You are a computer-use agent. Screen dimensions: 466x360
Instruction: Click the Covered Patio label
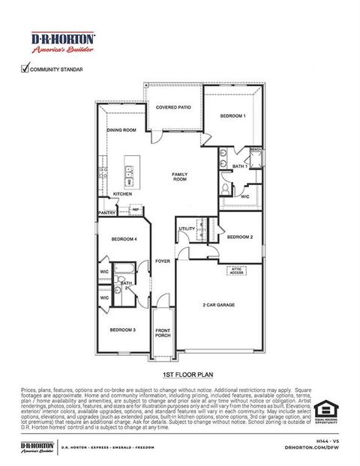[x=172, y=108]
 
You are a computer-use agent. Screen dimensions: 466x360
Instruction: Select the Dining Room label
[x=121, y=130]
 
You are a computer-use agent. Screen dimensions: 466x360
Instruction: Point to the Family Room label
[x=180, y=176]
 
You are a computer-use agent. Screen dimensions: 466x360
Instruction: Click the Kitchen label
[x=123, y=194]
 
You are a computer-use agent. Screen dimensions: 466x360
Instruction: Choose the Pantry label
[x=107, y=213]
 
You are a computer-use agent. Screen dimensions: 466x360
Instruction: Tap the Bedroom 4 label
[x=124, y=239]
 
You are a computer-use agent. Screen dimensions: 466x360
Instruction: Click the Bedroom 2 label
[x=239, y=237]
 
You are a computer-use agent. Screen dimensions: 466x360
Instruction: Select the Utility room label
[x=187, y=229]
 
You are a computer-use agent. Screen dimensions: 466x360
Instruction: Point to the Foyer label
[x=163, y=261]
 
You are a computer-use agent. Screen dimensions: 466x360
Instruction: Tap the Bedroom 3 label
[x=123, y=330]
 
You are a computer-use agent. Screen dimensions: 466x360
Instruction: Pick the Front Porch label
[x=163, y=333]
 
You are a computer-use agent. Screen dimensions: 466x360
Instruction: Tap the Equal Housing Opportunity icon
[x=324, y=411]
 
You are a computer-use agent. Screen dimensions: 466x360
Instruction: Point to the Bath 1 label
[x=240, y=166]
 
